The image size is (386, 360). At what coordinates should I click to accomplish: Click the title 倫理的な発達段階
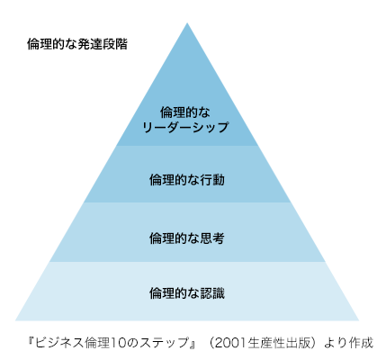click(77, 44)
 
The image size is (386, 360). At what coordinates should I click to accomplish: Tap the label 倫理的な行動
click(187, 180)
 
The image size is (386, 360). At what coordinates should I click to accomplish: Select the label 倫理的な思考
click(187, 238)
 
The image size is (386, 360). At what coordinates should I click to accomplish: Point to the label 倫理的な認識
click(187, 293)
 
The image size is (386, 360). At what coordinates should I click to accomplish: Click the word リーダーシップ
click(185, 128)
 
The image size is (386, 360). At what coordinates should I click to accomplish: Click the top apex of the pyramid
click(187, 23)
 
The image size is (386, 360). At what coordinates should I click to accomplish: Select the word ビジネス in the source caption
click(59, 343)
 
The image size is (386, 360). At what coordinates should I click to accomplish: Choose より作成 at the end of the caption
click(349, 343)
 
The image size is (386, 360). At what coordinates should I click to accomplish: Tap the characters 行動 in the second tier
click(212, 180)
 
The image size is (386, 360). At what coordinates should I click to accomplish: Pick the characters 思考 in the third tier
click(212, 238)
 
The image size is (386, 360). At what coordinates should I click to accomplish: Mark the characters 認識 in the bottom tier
click(212, 293)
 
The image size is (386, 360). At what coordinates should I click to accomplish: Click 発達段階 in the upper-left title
click(103, 44)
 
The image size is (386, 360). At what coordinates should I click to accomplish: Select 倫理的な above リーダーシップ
click(185, 112)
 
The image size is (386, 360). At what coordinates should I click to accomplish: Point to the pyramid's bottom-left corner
click(15, 320)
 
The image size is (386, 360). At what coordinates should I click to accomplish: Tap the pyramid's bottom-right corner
click(359, 320)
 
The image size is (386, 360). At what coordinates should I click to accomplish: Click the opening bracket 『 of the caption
click(31, 341)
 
